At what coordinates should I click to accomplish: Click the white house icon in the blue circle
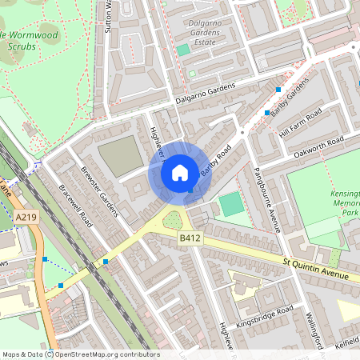180,172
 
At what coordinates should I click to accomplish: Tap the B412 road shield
189,238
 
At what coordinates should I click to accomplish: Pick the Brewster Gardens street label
99,192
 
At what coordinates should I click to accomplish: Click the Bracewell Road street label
76,206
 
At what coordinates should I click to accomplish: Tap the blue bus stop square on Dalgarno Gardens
278,89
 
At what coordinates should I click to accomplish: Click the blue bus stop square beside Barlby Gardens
267,113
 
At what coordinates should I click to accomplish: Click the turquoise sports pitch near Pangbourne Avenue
230,204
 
